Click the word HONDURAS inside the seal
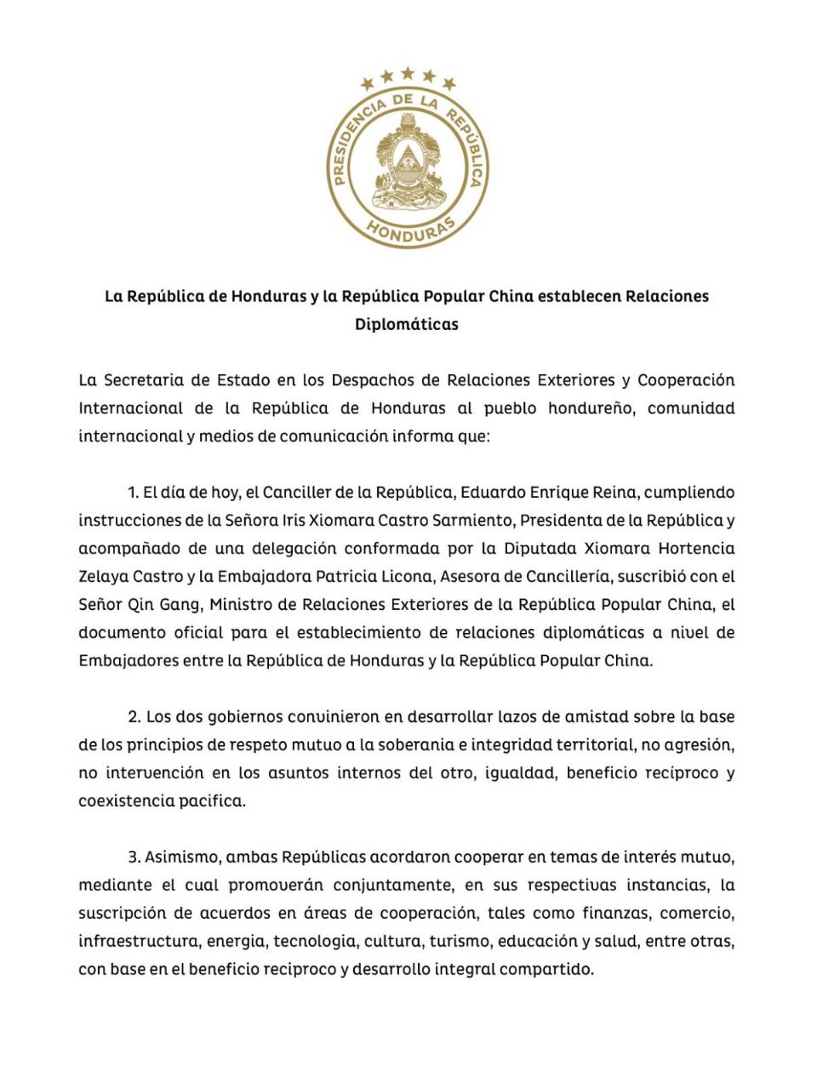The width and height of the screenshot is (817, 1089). [x=408, y=231]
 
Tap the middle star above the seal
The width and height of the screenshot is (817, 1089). [x=408, y=73]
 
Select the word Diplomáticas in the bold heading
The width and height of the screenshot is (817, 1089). [x=407, y=324]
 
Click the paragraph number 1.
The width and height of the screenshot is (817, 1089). [x=132, y=493]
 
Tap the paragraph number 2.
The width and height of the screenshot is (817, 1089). [x=134, y=717]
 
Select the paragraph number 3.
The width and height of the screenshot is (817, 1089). [x=134, y=857]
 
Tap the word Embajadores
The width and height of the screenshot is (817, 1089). [x=128, y=661]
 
